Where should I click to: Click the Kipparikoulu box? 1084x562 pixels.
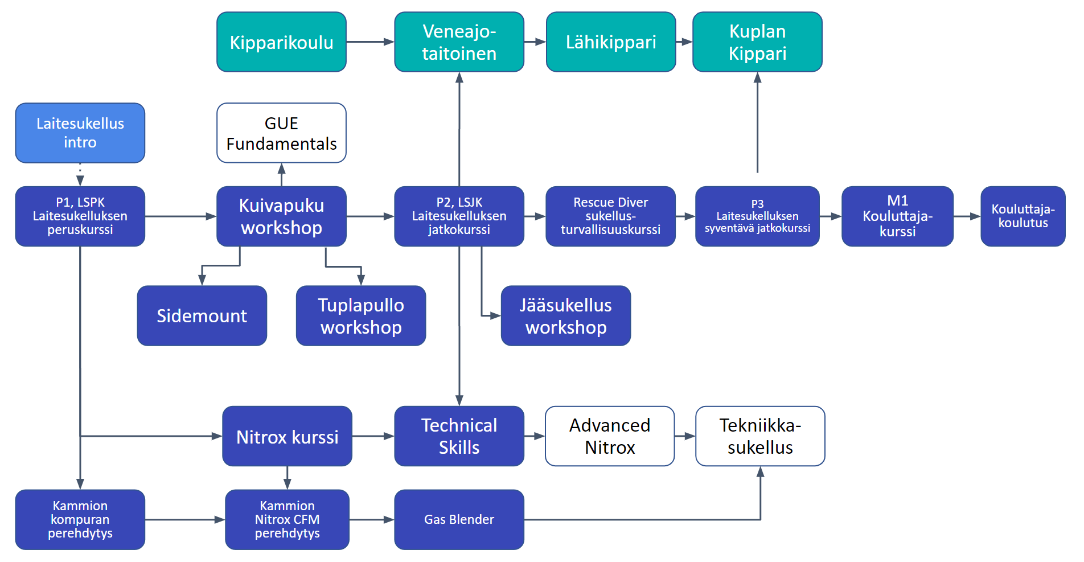(x=281, y=42)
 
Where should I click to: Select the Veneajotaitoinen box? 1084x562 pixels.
(x=459, y=42)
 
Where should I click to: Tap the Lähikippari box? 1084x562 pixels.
(x=610, y=42)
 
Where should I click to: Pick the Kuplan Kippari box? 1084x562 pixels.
(x=757, y=42)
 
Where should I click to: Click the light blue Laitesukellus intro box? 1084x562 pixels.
(x=80, y=133)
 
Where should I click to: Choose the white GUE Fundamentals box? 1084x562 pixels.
(x=281, y=133)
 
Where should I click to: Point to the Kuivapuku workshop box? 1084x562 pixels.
(x=281, y=216)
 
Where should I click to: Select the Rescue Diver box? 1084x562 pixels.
(x=610, y=216)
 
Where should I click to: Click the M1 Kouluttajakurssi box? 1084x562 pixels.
(x=897, y=216)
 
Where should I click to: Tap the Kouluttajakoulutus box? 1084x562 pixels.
(x=1023, y=216)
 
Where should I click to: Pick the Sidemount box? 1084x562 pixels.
(x=202, y=315)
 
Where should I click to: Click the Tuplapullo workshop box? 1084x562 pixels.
(x=361, y=315)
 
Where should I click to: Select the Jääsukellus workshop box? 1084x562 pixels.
(x=565, y=315)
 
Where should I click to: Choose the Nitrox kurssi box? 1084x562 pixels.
(x=287, y=436)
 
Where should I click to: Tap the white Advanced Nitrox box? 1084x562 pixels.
(x=610, y=436)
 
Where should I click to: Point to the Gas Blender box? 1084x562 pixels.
(x=459, y=519)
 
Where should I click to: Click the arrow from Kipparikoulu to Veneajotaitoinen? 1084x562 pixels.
(x=370, y=42)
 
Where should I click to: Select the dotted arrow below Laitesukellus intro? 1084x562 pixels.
(x=80, y=174)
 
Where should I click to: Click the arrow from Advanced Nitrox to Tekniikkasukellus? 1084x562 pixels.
(x=685, y=436)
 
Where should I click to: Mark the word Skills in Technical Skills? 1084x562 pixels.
(x=459, y=448)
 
